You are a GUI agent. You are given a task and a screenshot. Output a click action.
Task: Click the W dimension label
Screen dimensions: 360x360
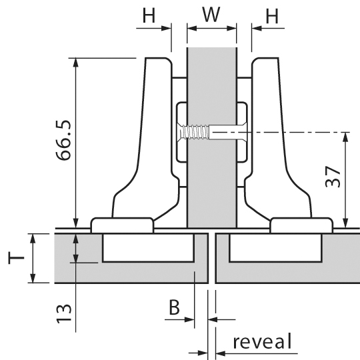point(211,15)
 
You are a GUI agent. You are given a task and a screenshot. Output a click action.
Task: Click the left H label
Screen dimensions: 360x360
point(149,15)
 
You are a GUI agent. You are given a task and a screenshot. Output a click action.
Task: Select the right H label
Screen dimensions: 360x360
point(272,16)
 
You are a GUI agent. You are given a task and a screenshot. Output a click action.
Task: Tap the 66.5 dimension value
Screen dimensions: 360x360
point(63,140)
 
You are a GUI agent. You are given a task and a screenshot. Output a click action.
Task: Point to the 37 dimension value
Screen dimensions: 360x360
point(333,176)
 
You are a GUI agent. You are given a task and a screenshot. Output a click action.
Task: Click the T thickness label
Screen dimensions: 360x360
point(16,258)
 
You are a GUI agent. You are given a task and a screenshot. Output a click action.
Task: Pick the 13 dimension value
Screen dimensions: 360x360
point(63,313)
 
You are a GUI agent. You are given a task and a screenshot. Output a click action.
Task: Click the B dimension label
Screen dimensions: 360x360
point(174,307)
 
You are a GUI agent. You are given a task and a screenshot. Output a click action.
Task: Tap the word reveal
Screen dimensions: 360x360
point(263,341)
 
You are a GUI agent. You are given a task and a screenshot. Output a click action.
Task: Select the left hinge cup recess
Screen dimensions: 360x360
point(148,247)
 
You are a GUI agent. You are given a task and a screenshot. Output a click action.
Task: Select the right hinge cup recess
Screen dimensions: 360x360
point(275,247)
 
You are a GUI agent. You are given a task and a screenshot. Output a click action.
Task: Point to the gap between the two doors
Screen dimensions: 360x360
point(212,258)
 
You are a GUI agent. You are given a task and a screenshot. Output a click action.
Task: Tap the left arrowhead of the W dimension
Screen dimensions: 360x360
point(192,29)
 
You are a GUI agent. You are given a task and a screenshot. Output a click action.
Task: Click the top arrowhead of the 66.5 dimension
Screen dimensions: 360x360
point(76,63)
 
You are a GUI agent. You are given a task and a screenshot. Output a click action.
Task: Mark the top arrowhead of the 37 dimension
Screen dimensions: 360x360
point(346,137)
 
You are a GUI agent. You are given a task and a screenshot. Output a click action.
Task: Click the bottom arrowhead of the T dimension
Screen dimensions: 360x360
point(33,278)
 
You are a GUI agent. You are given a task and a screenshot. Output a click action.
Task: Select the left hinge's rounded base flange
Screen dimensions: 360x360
point(122,225)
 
